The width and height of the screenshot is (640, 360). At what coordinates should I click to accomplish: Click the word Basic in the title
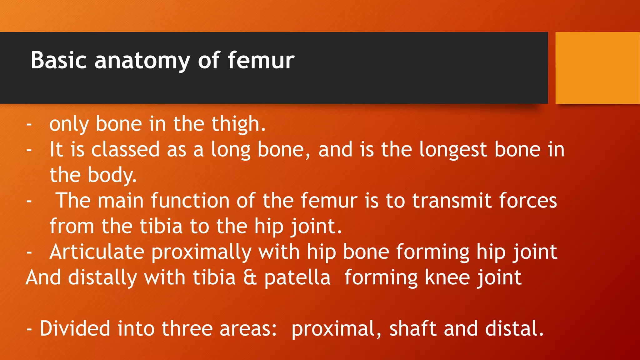click(x=58, y=60)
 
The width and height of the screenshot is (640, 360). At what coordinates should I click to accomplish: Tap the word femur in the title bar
click(x=261, y=60)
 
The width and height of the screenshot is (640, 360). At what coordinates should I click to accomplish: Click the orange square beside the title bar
click(x=597, y=67)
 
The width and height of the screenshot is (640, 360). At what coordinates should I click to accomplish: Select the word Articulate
click(x=97, y=252)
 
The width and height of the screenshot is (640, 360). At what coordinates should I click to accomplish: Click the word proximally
click(x=202, y=252)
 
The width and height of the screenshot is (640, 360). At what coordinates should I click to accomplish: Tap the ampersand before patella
click(x=250, y=277)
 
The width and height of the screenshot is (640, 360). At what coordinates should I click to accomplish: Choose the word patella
click(x=297, y=277)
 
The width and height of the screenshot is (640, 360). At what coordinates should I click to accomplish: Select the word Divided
click(x=75, y=329)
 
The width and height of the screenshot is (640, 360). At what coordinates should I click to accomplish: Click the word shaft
click(x=413, y=329)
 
